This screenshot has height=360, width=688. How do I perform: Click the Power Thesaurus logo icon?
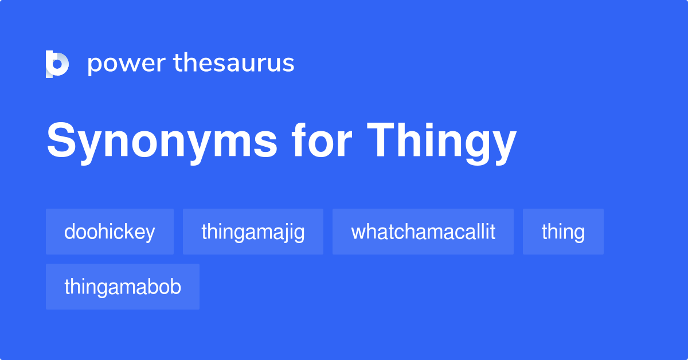[x=57, y=64]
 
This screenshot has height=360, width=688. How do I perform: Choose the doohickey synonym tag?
[x=110, y=232]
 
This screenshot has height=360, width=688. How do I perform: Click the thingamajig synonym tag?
[x=253, y=232]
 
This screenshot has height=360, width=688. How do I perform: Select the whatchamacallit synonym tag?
[x=423, y=232]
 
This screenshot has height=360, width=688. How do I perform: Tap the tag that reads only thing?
[x=563, y=232]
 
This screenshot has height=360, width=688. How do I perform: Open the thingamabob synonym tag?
[x=123, y=287]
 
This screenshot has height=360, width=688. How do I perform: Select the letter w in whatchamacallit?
[x=357, y=232]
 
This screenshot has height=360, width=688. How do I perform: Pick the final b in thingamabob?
[x=176, y=287]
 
